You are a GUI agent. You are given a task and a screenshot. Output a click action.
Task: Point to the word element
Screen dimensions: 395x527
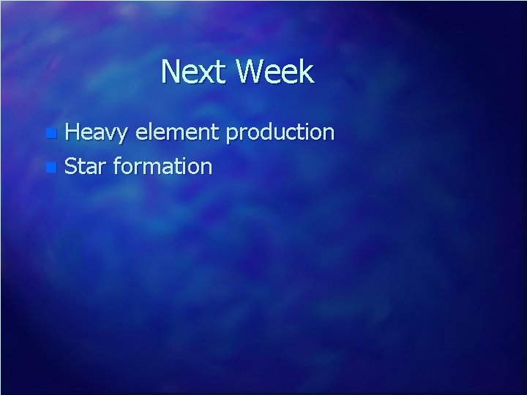[x=178, y=132]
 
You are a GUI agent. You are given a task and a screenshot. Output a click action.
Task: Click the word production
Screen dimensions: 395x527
[x=280, y=132]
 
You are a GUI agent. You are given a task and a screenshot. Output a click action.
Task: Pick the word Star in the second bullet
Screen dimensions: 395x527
[x=86, y=166]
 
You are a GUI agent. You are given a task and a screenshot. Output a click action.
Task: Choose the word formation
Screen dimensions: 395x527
[x=163, y=166]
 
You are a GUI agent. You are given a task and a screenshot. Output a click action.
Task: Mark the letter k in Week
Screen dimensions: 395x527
[x=306, y=72]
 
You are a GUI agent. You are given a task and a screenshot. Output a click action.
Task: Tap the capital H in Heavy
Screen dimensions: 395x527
[x=73, y=132]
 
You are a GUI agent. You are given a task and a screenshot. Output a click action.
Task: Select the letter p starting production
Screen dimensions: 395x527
[x=232, y=135]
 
